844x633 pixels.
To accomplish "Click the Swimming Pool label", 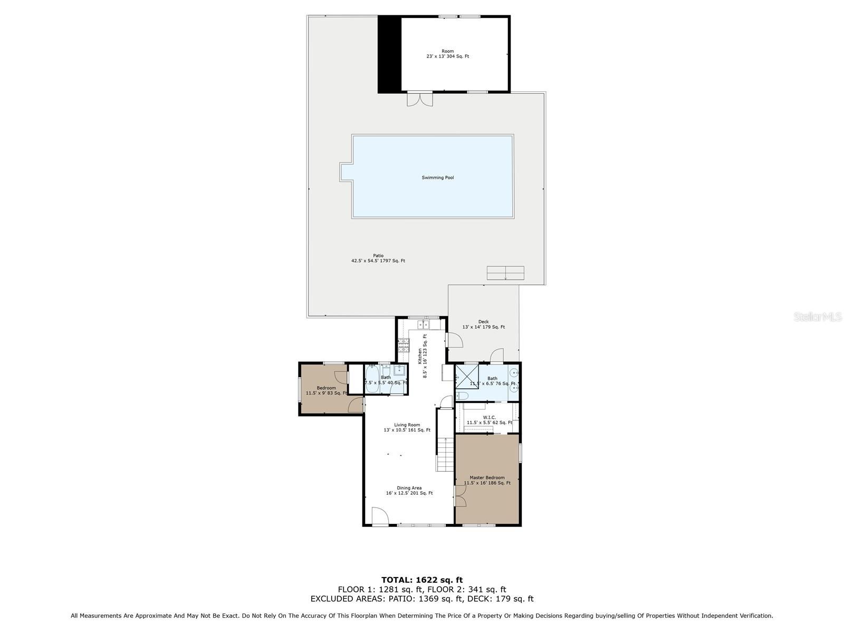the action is [x=438, y=178].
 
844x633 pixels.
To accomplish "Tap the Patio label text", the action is [x=378, y=258].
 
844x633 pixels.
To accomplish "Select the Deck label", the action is [x=483, y=324].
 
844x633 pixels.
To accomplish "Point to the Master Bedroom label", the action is [x=487, y=481].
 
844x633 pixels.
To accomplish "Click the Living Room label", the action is [x=407, y=427].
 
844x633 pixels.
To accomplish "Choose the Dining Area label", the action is [x=409, y=491].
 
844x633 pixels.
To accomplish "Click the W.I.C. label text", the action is [x=489, y=420].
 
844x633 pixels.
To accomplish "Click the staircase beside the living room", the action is [x=445, y=454].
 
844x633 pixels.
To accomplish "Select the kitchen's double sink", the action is [x=424, y=324].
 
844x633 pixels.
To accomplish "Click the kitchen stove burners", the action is [x=404, y=346].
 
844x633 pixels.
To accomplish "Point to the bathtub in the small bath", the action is [x=372, y=379].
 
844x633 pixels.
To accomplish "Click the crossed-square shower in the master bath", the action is [x=467, y=377].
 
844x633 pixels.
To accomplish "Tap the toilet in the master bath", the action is [x=462, y=396].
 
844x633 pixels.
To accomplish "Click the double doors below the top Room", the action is [x=420, y=99].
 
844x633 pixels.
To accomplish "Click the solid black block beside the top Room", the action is [x=389, y=54].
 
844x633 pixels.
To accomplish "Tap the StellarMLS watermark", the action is [x=818, y=316].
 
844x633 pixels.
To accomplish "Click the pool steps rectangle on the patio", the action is [x=505, y=273].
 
